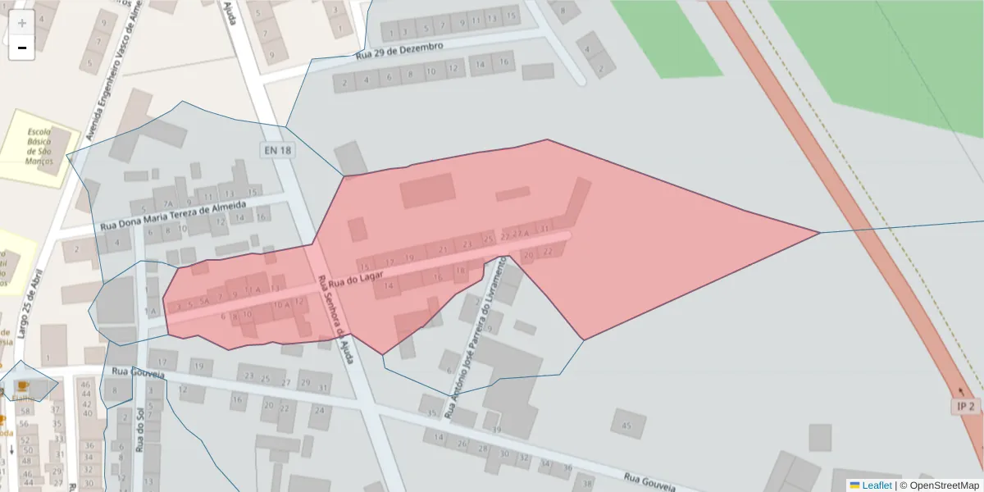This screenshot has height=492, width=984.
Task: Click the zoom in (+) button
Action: click(x=22, y=23)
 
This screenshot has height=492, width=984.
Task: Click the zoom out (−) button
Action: click(x=22, y=48)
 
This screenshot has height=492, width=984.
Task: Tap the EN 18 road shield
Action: click(x=277, y=150)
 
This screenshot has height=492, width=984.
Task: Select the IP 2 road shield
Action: click(x=966, y=406)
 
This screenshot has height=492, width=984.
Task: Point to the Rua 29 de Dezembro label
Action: click(x=399, y=52)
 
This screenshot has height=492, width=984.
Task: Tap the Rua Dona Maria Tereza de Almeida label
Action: click(x=173, y=215)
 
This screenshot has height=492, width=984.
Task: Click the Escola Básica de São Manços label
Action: click(x=39, y=146)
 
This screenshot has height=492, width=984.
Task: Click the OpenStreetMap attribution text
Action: click(x=944, y=485)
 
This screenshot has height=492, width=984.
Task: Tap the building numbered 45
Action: click(x=627, y=426)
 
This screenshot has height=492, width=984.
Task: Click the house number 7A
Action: click(x=168, y=203)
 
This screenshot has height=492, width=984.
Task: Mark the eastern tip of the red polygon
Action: click(x=819, y=233)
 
